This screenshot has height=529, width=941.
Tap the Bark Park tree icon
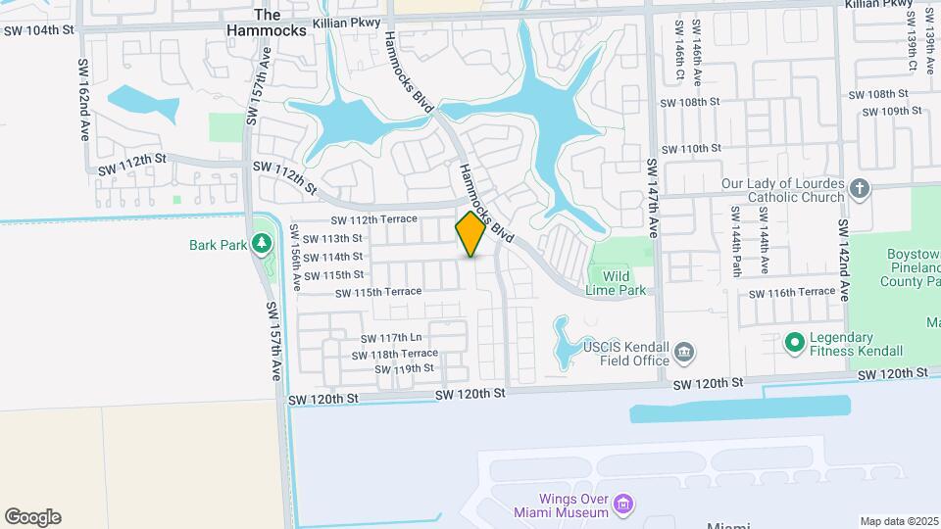point(261,243)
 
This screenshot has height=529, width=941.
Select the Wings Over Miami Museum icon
point(624,505)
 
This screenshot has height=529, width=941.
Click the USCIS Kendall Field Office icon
point(685,351)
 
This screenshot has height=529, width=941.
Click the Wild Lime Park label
point(616,283)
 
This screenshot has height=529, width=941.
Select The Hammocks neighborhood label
point(267,23)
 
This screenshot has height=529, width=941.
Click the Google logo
point(32,517)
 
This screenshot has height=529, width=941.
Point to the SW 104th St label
point(38,30)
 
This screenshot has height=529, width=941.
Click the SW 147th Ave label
point(651,199)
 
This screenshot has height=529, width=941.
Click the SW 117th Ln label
point(390,338)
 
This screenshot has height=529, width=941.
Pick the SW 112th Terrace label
point(373,220)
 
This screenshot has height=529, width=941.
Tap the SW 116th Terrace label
point(791,292)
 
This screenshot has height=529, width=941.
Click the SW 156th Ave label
point(294,258)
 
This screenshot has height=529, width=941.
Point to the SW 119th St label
point(404,368)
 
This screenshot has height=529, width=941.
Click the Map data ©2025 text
point(898,521)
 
